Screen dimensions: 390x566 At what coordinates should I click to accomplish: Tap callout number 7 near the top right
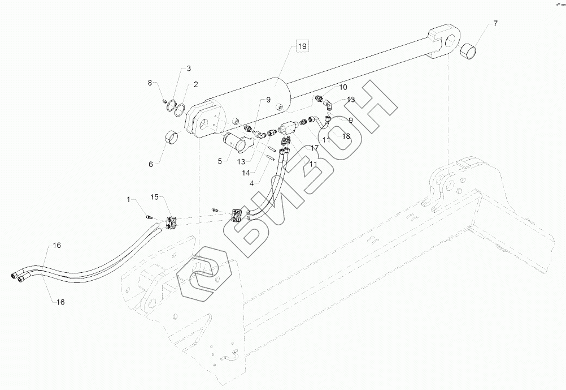click(x=495, y=24)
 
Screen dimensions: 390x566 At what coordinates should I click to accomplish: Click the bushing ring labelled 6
click(x=171, y=138)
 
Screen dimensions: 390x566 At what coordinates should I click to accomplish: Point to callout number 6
click(x=151, y=164)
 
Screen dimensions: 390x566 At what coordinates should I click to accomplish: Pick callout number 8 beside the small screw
click(x=150, y=83)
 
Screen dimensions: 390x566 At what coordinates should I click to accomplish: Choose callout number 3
click(x=189, y=68)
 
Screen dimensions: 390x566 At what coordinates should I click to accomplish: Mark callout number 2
click(x=195, y=85)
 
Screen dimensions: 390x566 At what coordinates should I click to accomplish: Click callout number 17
click(x=314, y=148)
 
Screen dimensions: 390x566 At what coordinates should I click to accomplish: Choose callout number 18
click(x=346, y=136)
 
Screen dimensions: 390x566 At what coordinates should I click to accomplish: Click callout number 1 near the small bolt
click(x=128, y=199)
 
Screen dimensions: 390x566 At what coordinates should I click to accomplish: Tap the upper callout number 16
click(x=56, y=245)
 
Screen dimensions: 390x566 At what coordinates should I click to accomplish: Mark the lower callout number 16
click(x=60, y=302)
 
